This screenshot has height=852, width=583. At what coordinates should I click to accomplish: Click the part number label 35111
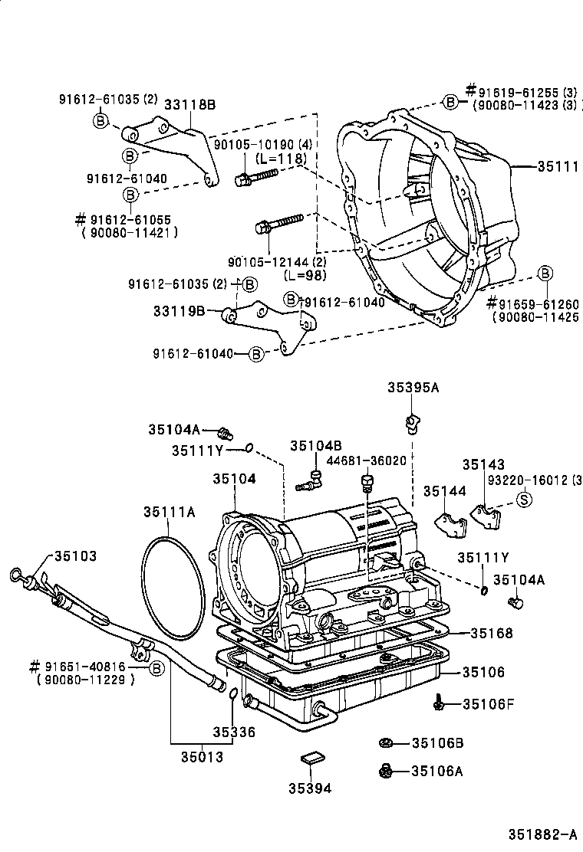[x=558, y=165]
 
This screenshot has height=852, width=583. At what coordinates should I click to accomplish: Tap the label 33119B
[x=179, y=311]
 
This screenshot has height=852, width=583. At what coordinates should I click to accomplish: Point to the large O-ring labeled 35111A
[x=173, y=582]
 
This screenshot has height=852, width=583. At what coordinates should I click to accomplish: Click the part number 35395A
[x=413, y=388]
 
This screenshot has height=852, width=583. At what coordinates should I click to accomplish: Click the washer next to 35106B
[x=387, y=742]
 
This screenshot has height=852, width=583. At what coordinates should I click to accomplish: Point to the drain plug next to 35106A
[x=387, y=771]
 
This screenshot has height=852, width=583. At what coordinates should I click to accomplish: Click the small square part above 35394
[x=310, y=760]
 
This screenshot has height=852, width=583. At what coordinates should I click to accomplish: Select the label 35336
[x=234, y=732]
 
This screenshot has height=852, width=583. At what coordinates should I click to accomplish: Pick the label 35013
[x=202, y=758]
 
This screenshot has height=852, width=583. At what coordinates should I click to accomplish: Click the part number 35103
[x=75, y=556]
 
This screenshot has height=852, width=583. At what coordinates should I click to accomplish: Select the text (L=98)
[x=305, y=275]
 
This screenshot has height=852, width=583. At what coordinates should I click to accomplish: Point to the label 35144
[x=445, y=491]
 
